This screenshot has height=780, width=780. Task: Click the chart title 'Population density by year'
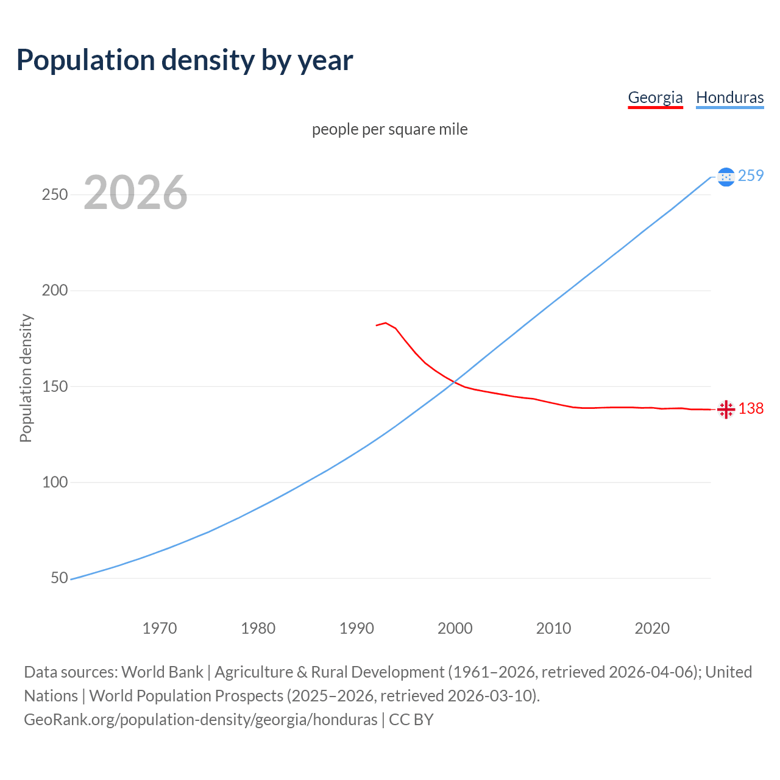coord(185,60)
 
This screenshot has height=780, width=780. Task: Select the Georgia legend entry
coord(655,97)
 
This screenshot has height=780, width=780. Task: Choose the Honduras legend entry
coord(729,97)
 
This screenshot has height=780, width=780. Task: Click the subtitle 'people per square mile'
coord(390,129)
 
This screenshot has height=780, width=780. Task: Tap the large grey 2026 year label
coord(135,193)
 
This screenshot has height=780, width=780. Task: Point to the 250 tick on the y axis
coord(54,194)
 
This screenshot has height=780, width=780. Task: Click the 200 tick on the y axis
coord(54,291)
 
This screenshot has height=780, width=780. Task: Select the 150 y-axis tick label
coord(54,386)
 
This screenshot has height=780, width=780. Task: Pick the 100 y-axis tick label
coord(54,482)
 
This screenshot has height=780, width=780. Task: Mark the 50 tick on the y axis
coord(59,578)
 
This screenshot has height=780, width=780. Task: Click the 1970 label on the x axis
coord(160,628)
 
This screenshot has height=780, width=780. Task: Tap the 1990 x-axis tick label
coord(356,628)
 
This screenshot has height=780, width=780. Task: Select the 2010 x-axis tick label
coord(553,628)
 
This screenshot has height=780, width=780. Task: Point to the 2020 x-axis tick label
coord(652,628)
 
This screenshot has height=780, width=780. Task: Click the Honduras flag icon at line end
coord(726,177)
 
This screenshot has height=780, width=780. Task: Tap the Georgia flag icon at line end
coord(726,409)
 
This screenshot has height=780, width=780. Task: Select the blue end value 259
coord(751,175)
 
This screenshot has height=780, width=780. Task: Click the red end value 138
coord(751,408)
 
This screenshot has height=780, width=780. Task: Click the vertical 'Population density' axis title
coord(26,378)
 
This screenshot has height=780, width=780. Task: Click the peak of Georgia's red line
coord(386,323)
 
